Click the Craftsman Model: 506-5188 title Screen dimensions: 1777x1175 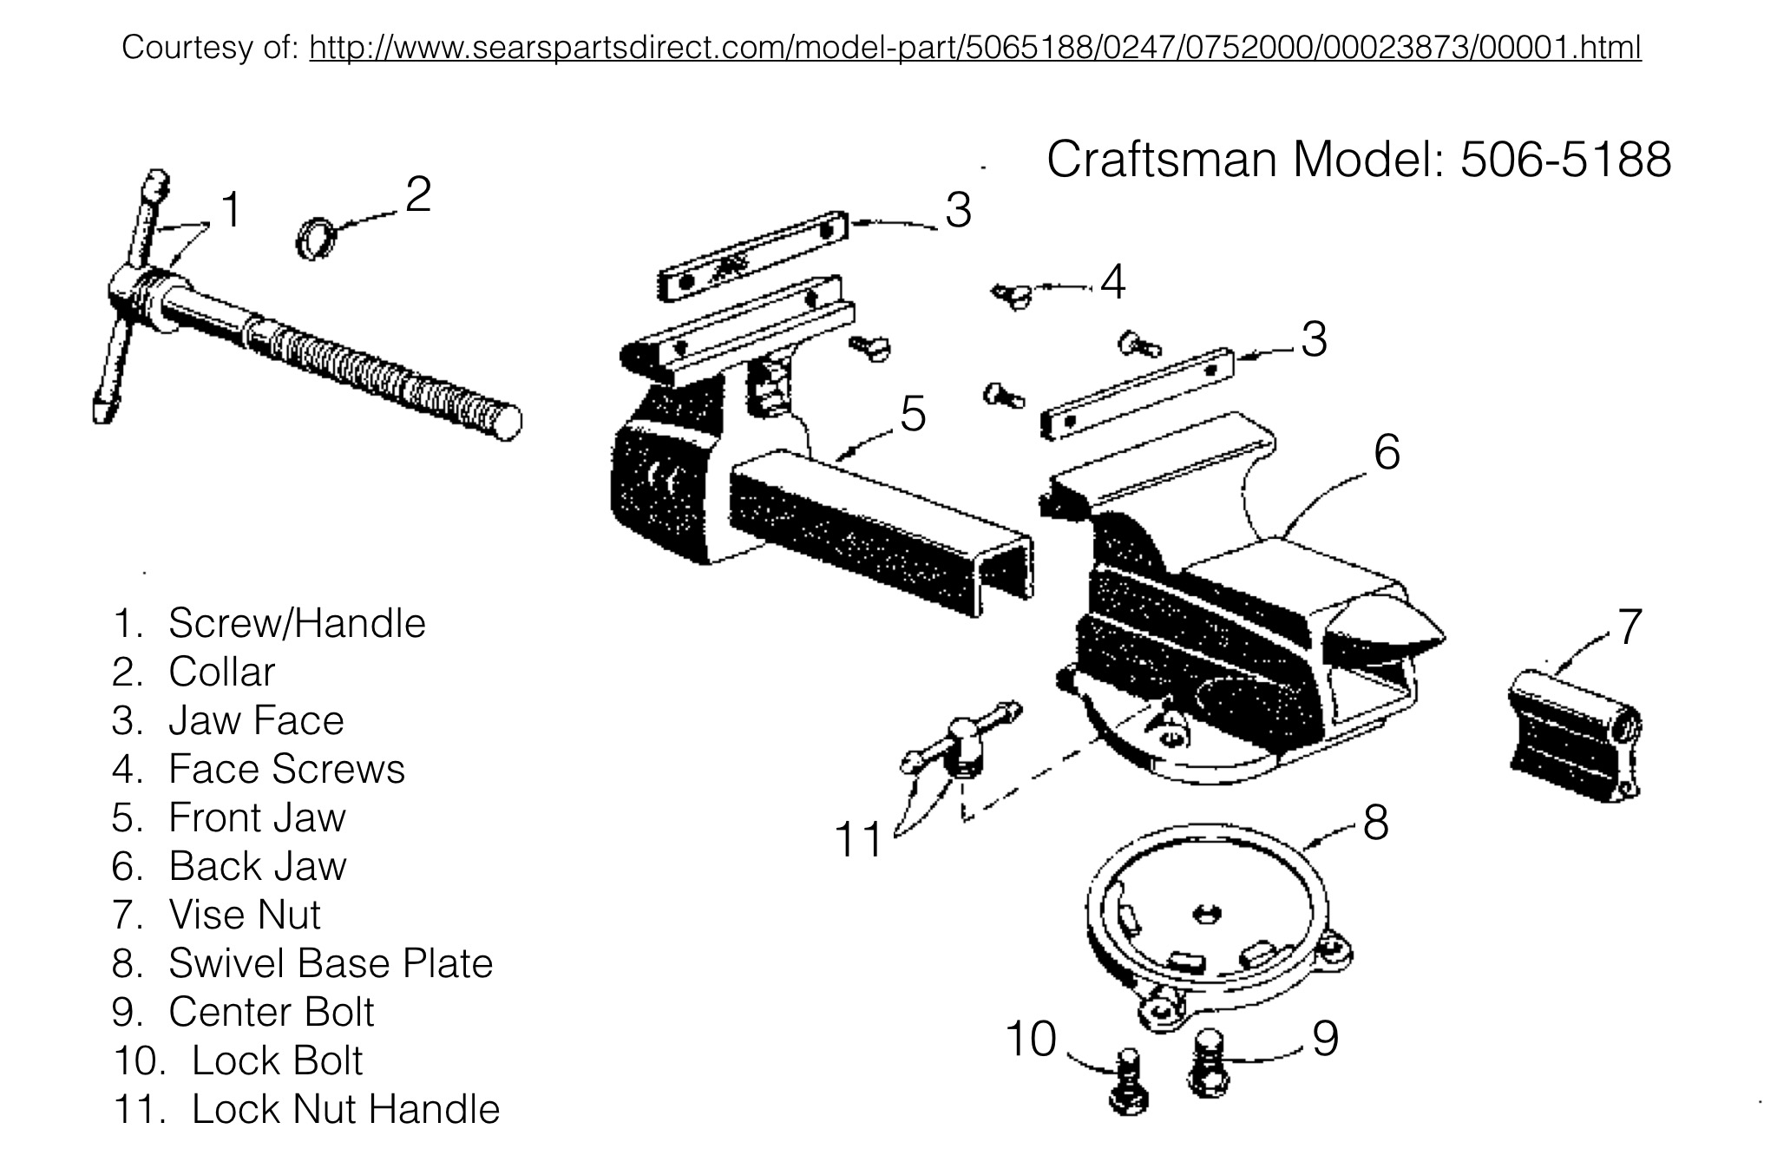pyautogui.click(x=1359, y=160)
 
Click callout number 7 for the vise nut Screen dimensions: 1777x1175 pyautogui.click(x=1629, y=627)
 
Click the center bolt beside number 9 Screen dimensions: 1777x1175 pyautogui.click(x=1209, y=1062)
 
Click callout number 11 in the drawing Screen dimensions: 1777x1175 pyautogui.click(x=858, y=840)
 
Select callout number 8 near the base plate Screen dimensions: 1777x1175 pyautogui.click(x=1376, y=823)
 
